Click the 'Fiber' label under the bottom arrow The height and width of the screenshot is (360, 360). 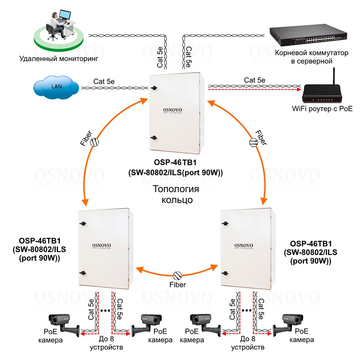click(x=178, y=285)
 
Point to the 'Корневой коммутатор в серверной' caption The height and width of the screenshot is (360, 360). click(x=311, y=57)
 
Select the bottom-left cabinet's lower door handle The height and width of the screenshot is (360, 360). click(x=83, y=273)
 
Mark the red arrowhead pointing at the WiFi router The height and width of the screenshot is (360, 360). click(x=300, y=91)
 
